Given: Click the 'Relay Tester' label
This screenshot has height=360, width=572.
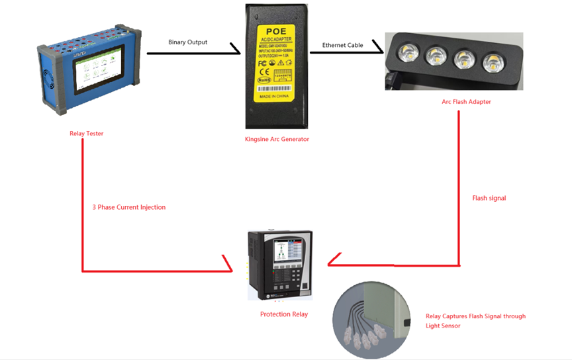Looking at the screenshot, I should [86, 134].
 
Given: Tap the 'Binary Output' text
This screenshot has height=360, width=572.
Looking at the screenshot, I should [187, 42].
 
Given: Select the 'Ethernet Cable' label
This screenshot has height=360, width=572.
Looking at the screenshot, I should [343, 45].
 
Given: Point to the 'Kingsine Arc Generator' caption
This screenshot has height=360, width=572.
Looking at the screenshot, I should [277, 139].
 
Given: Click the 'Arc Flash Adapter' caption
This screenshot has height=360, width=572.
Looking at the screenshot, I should [466, 102].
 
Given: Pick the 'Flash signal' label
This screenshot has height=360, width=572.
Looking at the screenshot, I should [489, 198].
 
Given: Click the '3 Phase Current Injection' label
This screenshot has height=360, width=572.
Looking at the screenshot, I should [128, 207].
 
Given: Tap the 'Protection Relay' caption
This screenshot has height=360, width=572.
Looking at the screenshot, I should [283, 314].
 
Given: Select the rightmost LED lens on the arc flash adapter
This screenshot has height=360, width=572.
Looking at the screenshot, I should [493, 63].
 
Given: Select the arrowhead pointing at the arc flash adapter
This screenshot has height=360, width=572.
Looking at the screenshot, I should [378, 49].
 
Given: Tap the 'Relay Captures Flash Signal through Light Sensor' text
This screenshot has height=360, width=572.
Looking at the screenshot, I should [475, 321].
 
